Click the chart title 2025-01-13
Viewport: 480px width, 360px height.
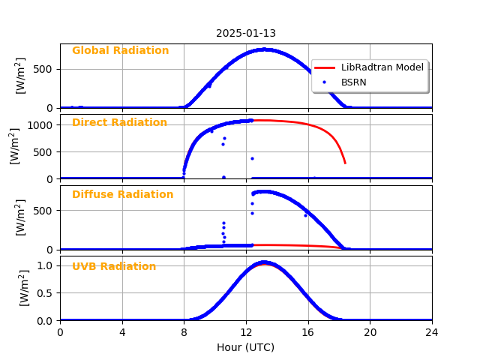245,34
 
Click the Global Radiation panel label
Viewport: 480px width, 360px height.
120,51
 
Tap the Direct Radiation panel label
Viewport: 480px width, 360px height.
119,123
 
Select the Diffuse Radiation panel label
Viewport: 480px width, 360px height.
122,195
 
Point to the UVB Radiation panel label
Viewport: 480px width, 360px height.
114,267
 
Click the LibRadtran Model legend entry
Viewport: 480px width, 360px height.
382,67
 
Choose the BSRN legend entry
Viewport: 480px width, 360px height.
353,82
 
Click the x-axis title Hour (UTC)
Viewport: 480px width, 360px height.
245,347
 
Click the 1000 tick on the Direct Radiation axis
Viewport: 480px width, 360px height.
42,125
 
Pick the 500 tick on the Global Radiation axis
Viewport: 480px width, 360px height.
45,70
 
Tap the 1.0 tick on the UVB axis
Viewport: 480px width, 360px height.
45,265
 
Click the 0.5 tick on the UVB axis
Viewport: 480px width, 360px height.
45,293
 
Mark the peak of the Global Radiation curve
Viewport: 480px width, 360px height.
264,49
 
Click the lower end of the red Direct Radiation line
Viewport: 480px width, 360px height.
345,163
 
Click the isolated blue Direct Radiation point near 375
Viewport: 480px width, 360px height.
252,158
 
